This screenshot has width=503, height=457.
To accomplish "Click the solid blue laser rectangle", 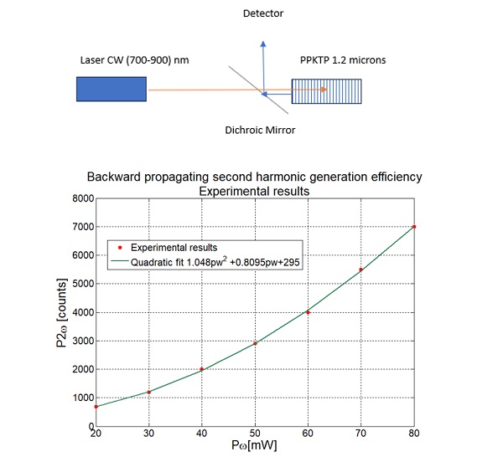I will (111, 90).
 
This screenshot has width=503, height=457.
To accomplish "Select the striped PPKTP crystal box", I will (327, 90).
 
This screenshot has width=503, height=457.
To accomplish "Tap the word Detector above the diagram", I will (263, 14).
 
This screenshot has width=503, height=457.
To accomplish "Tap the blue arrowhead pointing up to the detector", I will (263, 44).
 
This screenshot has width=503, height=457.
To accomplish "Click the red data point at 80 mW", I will (414, 227).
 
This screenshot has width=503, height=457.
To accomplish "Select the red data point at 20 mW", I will (97, 406).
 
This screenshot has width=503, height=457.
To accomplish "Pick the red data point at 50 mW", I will (256, 343).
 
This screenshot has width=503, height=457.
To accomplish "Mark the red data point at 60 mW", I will (309, 312).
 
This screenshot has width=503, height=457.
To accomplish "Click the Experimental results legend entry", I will (159, 247).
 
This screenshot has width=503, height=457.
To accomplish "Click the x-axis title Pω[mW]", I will (255, 447).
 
